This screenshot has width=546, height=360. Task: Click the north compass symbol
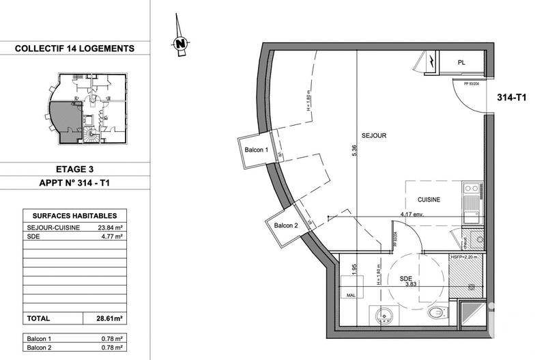181,43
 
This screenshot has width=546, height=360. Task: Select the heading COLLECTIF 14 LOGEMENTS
74,49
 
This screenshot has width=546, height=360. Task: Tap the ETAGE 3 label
74,167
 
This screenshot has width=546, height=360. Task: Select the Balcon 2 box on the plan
286,226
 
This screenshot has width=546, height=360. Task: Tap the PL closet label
462,63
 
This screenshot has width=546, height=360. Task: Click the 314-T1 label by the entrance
511,98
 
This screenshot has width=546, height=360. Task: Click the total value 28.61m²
108,318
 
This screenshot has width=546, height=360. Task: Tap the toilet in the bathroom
435,313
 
